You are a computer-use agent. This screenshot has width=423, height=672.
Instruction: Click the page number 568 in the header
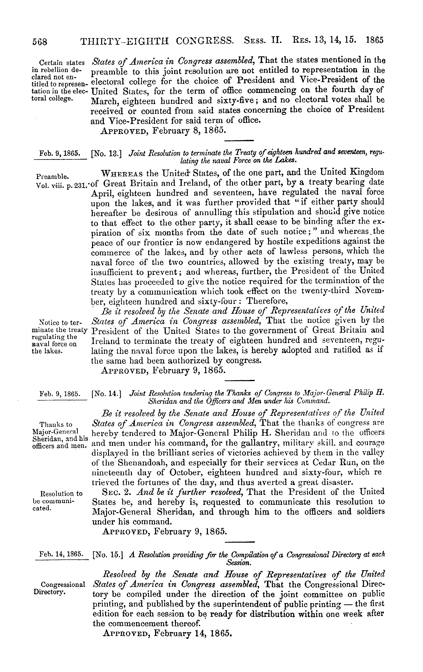tap(40, 42)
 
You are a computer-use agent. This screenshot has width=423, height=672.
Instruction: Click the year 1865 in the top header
tap(375, 40)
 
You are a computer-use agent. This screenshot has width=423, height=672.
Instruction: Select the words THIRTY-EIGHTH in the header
tap(125, 42)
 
